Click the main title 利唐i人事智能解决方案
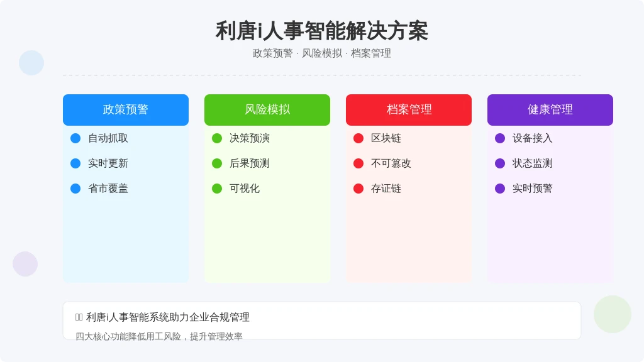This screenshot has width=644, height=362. tap(321, 31)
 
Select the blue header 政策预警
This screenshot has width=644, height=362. tap(126, 109)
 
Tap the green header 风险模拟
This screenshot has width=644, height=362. tap(267, 109)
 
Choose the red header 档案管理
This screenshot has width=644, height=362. tap(409, 109)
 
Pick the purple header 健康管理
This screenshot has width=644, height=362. tap(550, 109)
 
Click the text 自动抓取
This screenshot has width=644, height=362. tap(108, 138)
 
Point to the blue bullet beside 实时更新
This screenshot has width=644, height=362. tap(75, 163)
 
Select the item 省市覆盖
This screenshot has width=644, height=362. tap(108, 189)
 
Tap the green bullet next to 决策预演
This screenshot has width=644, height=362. tap(217, 138)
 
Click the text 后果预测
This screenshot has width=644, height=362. tap(249, 163)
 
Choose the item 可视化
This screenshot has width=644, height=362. tap(245, 189)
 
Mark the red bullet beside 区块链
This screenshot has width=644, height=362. tap(358, 138)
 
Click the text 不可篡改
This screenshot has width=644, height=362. tap(391, 163)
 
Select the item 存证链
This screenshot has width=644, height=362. tap(386, 189)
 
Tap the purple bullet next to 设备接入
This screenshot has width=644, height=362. tap(500, 138)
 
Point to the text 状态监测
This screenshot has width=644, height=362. tap(532, 163)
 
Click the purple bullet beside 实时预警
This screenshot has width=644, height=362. tap(500, 189)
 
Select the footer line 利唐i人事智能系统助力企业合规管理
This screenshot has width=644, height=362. tap(167, 317)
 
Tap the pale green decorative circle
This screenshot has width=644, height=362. tap(613, 314)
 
